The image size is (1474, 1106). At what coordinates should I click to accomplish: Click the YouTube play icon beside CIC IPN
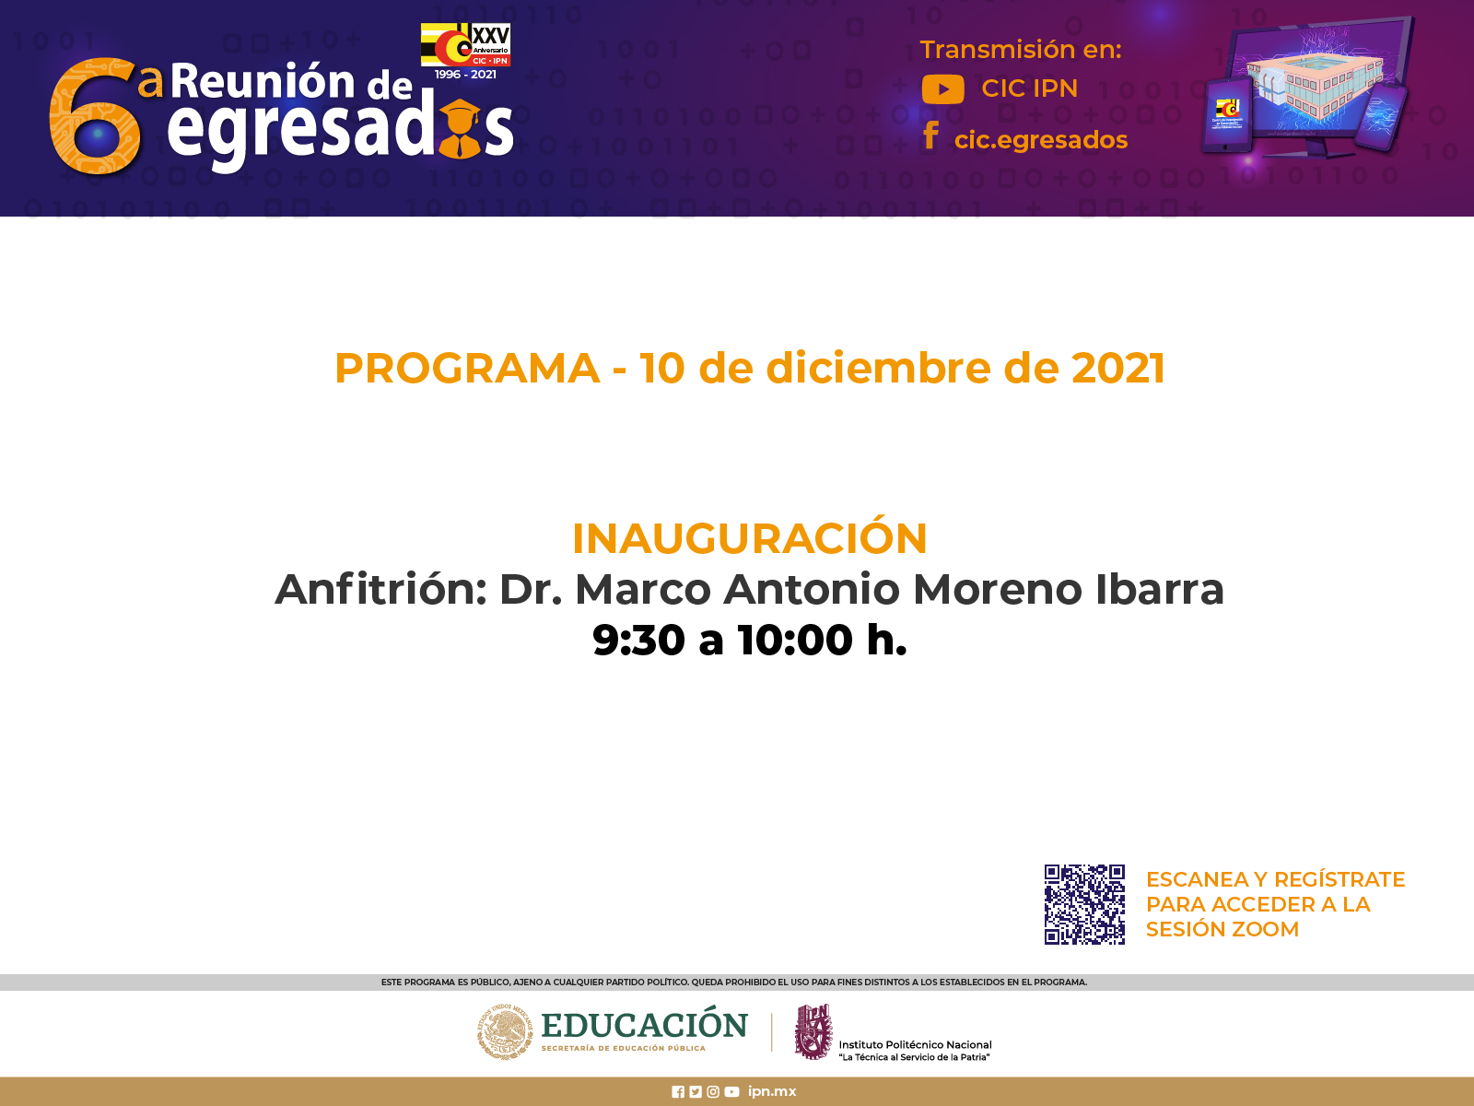(x=942, y=89)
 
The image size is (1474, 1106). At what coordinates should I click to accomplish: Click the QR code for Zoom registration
(x=1084, y=904)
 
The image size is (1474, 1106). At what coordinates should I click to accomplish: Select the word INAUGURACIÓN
(x=749, y=538)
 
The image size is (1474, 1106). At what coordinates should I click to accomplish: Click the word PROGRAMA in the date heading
(x=467, y=369)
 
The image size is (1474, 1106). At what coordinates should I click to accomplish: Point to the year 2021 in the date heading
(x=1118, y=369)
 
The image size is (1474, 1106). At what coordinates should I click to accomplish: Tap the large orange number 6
(x=95, y=115)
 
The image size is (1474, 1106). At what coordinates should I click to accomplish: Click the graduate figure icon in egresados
(x=460, y=129)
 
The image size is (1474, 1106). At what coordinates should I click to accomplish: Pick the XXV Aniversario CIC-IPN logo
(x=465, y=44)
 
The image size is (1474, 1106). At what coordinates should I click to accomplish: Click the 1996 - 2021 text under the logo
(x=465, y=75)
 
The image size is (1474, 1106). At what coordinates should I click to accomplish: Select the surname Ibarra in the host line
(x=1160, y=590)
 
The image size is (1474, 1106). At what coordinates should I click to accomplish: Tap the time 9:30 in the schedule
(x=638, y=640)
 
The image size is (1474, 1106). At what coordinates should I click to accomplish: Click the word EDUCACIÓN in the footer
(x=644, y=1026)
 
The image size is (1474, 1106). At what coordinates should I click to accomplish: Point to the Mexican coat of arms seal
(x=504, y=1031)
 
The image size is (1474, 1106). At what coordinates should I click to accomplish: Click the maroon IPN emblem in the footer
(x=813, y=1031)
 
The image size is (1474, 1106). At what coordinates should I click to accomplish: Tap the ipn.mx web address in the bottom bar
(x=772, y=1092)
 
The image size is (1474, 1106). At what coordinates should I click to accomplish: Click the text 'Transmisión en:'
(x=1021, y=50)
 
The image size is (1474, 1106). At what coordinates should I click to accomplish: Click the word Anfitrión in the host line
(x=380, y=590)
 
